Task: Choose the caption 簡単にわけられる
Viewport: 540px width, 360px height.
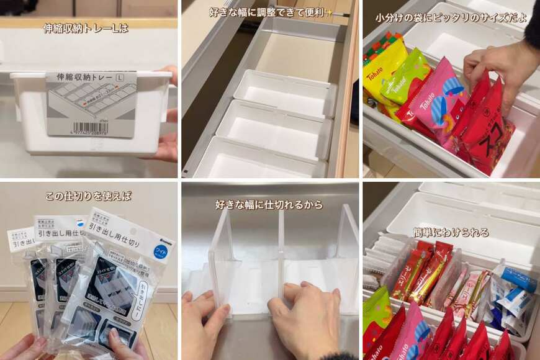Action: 451,232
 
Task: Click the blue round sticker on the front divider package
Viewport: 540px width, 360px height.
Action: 160,251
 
